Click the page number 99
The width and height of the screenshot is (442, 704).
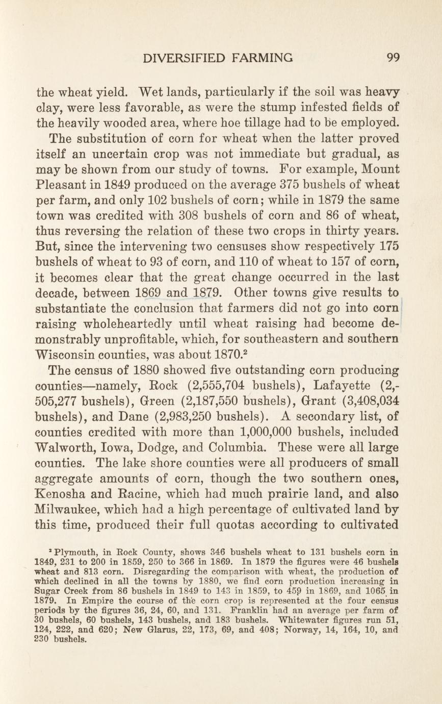[393, 58]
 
